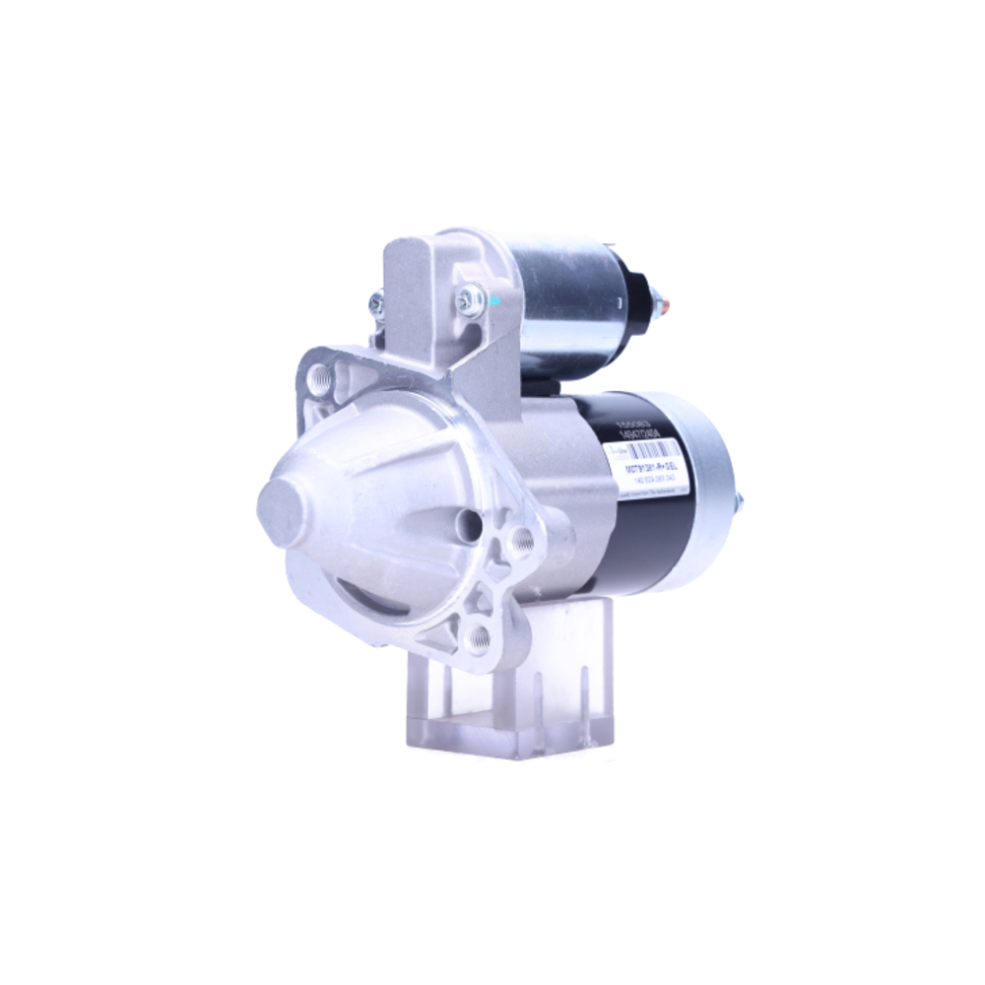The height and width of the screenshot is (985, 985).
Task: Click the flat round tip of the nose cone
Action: pos(280,511)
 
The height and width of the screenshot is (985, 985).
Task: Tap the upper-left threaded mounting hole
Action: pos(318,376)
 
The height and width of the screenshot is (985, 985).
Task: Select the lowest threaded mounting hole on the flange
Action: pos(481,637)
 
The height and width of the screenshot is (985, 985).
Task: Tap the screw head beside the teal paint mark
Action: pos(470,297)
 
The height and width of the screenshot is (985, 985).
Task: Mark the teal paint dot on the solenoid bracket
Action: pos(495,300)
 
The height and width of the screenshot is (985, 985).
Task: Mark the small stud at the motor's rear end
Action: pos(740,502)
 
